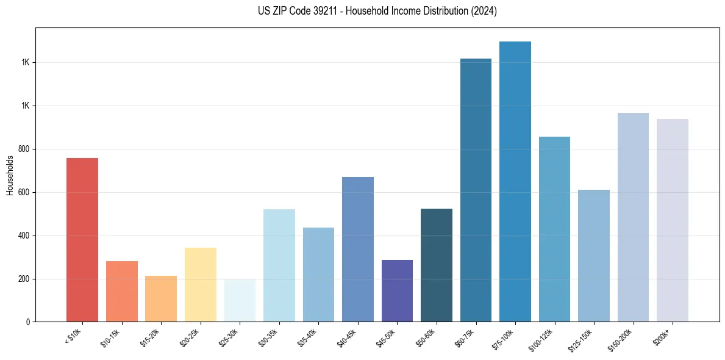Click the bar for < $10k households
click(x=82, y=240)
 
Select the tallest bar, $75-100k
click(x=515, y=181)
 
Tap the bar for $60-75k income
click(x=476, y=190)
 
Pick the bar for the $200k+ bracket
click(x=673, y=220)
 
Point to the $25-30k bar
click(x=240, y=300)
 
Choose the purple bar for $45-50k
click(x=397, y=290)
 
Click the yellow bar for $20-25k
click(x=201, y=284)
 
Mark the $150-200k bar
click(x=633, y=217)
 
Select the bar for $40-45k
click(x=358, y=249)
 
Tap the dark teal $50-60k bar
click(x=437, y=265)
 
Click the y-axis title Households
click(x=10, y=175)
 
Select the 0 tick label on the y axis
click(x=27, y=322)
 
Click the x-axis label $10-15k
click(x=110, y=337)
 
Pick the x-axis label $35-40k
click(x=307, y=337)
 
